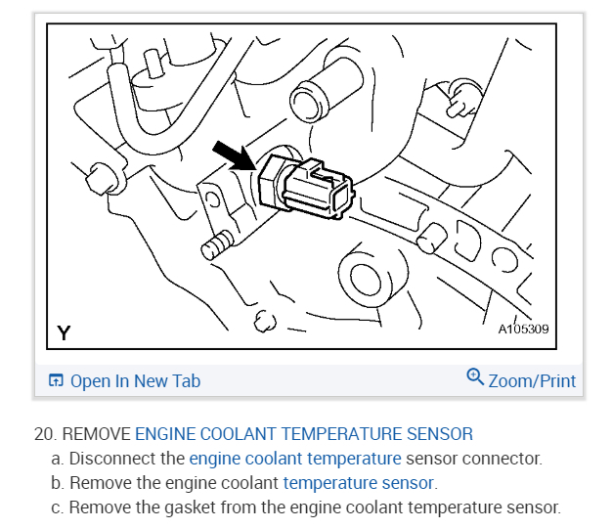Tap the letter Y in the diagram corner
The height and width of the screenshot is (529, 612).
tap(64, 333)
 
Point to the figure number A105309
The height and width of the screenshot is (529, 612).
tap(524, 330)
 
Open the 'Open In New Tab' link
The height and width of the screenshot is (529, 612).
tap(135, 381)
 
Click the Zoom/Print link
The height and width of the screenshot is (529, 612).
tap(532, 381)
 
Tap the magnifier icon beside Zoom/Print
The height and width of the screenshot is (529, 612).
tap(475, 378)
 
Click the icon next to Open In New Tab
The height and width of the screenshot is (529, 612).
tap(57, 381)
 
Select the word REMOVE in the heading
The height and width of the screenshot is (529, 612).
tap(96, 434)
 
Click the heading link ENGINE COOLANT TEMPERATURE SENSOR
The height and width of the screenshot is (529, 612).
tap(304, 434)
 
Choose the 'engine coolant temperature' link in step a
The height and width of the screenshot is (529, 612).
tap(295, 459)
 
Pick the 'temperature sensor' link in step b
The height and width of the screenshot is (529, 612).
tap(359, 483)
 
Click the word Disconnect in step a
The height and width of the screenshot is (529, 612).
tap(111, 459)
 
